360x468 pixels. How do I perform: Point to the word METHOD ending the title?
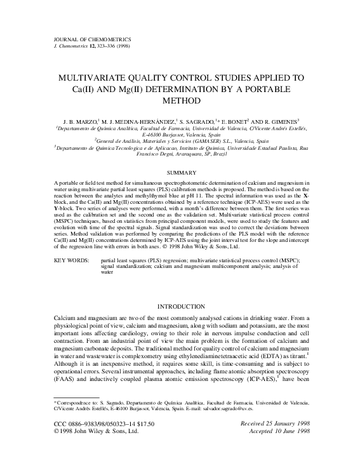pos(180,100)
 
